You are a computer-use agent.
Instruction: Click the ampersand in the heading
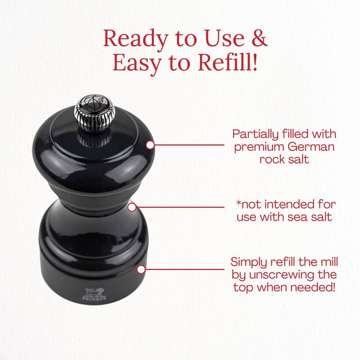point(257,40)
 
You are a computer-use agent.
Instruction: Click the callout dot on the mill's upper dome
point(150,145)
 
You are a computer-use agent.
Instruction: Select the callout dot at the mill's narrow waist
point(132,207)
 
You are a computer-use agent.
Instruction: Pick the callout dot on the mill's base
point(141,269)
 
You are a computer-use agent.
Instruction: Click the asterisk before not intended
point(238,204)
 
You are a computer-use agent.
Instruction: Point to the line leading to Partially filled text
point(189,145)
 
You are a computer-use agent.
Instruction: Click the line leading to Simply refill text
point(184,269)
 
